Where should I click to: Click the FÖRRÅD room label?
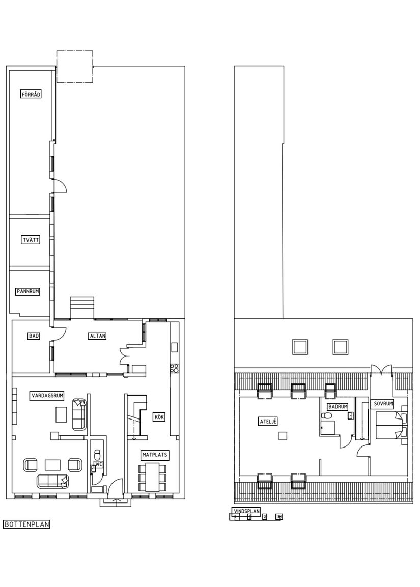(x=31, y=94)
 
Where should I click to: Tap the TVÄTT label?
(x=31, y=240)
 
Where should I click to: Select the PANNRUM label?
(x=27, y=292)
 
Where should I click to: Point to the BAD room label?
(x=34, y=336)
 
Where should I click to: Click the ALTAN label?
(x=97, y=336)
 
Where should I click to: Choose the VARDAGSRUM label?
(x=47, y=395)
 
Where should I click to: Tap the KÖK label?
(x=159, y=417)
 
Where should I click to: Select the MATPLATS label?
(x=155, y=454)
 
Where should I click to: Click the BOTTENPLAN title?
(x=26, y=524)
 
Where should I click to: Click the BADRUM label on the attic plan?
(x=338, y=407)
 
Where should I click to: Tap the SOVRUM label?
(x=383, y=404)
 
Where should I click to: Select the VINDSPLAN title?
(x=246, y=511)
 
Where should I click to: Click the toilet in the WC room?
(x=97, y=453)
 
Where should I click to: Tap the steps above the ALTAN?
(x=82, y=308)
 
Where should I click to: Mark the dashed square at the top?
(x=74, y=67)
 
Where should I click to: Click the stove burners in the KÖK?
(x=174, y=367)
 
